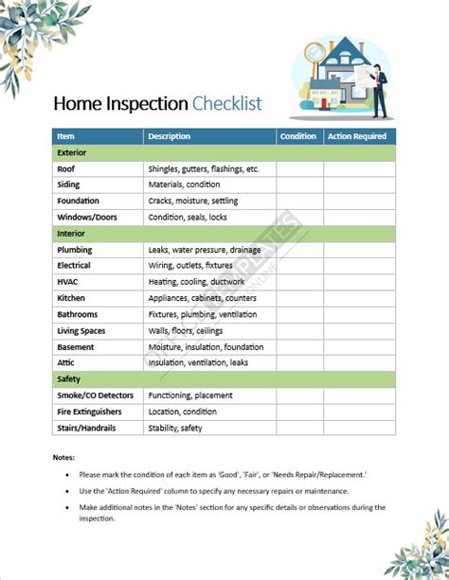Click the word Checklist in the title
coord(227,103)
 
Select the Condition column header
coord(298,136)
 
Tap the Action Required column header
coord(356,136)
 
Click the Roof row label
coord(65,168)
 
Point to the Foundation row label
coord(78,201)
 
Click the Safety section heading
coord(68,378)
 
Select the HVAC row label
coord(68,282)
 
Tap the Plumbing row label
coord(74,250)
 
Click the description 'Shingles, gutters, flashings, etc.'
coord(204,168)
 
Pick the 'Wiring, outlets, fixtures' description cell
coord(190,266)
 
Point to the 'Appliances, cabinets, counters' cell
coord(203,298)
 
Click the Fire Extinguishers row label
coord(90,412)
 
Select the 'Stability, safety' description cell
coord(175,428)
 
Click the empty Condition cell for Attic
coord(299,362)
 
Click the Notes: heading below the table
coord(63,458)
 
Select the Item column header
coord(65,136)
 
